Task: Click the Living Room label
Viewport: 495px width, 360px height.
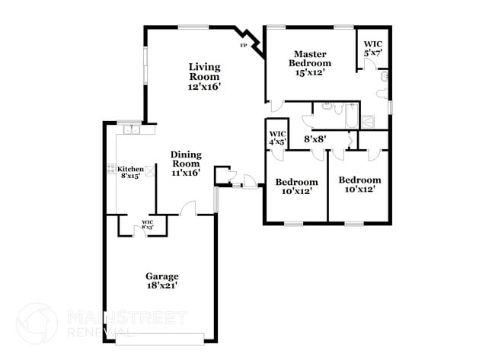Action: coord(205,72)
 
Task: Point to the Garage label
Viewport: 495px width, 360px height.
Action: coord(162,276)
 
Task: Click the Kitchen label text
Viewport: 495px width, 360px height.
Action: coord(129,169)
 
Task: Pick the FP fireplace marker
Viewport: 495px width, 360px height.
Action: coord(244,46)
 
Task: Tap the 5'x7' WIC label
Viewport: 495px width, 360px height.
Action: coord(373,44)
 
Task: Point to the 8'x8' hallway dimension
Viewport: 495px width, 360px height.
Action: coord(315,139)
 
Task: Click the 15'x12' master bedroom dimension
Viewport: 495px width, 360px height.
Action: coord(311,73)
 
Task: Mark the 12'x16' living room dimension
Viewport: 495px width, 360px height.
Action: coord(205,87)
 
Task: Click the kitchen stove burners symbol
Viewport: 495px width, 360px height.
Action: coord(110,169)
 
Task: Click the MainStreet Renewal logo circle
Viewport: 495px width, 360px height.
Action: coord(37,323)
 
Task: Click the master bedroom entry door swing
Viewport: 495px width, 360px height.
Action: coord(278,107)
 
